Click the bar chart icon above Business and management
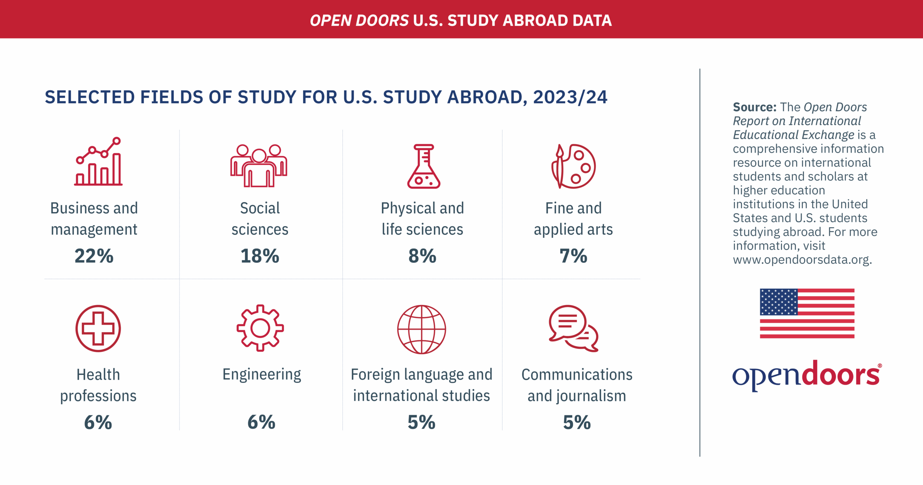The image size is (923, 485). [x=98, y=162]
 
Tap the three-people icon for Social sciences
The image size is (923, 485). [x=259, y=166]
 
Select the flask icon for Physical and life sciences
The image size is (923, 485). [x=424, y=166]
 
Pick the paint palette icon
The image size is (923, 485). [x=574, y=166]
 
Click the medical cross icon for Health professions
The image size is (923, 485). [x=98, y=328]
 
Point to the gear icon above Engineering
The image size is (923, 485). [x=260, y=328]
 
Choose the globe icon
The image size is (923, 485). [x=421, y=329]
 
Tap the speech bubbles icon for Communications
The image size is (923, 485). [x=573, y=328]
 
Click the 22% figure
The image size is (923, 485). [x=94, y=256]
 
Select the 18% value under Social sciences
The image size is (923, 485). [x=260, y=256]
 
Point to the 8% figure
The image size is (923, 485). [x=422, y=256]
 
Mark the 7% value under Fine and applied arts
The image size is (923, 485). [x=573, y=256]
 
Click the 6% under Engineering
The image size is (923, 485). [x=261, y=422]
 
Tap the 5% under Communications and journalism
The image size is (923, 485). [x=577, y=422]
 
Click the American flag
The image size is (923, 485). [x=807, y=313]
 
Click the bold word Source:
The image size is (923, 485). [x=754, y=107]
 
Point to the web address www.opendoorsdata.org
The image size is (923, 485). [x=802, y=259]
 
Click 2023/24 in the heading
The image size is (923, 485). [x=570, y=97]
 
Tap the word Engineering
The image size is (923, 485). [x=261, y=375]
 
